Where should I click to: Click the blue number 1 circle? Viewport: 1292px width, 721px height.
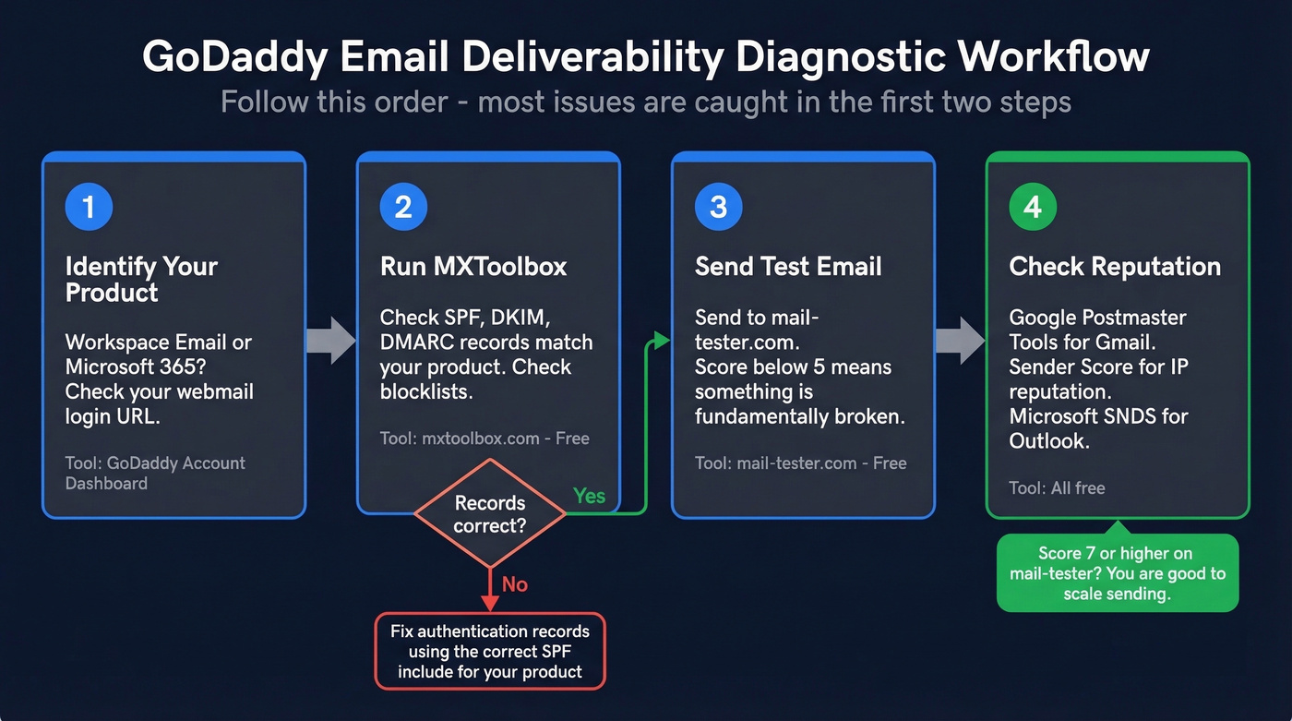[x=89, y=206]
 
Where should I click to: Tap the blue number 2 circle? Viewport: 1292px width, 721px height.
[x=403, y=206]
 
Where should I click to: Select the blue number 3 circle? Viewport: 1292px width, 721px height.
[x=718, y=206]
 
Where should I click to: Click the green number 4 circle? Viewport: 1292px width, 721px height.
[x=1033, y=206]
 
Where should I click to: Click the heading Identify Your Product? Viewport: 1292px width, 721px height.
[x=141, y=280]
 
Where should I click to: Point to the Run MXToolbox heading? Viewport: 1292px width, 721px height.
[x=473, y=267]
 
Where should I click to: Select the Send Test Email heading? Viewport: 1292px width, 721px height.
[x=788, y=267]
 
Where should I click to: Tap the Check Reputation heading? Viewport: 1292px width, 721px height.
[x=1115, y=267]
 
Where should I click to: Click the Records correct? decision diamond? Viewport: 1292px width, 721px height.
[x=490, y=514]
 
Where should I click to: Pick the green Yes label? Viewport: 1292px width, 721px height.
[x=589, y=496]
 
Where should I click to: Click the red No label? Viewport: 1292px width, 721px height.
[x=514, y=583]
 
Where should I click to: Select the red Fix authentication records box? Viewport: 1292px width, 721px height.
[x=490, y=651]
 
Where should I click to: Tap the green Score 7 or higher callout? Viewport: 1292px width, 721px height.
[x=1117, y=573]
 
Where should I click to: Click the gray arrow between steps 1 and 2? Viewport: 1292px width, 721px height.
[x=331, y=340]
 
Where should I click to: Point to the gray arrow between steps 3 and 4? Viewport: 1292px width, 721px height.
[x=960, y=340]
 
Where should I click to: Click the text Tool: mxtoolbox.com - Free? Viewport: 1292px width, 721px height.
[x=484, y=439]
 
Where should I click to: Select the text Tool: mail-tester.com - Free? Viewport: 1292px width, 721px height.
[x=800, y=463]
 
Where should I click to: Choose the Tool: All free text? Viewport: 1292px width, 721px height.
[x=1057, y=487]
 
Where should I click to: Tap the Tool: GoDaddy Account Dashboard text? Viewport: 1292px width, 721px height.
[x=155, y=473]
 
